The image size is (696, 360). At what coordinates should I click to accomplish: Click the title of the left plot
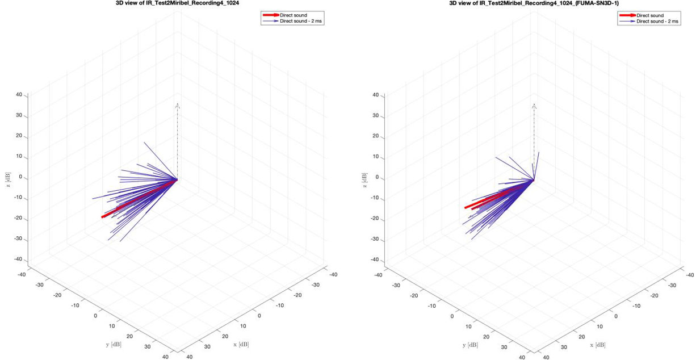(177, 2)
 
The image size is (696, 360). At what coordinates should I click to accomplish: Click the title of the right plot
(534, 2)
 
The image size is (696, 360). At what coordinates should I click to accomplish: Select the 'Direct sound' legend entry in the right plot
(650, 15)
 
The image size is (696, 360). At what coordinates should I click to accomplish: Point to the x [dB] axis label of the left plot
(240, 344)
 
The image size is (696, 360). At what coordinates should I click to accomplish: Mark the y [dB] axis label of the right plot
(469, 345)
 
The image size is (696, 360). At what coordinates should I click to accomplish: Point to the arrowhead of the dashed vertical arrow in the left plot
(178, 105)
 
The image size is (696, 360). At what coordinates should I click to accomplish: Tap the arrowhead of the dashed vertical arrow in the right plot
(534, 106)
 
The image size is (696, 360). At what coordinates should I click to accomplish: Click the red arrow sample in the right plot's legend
(628, 15)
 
